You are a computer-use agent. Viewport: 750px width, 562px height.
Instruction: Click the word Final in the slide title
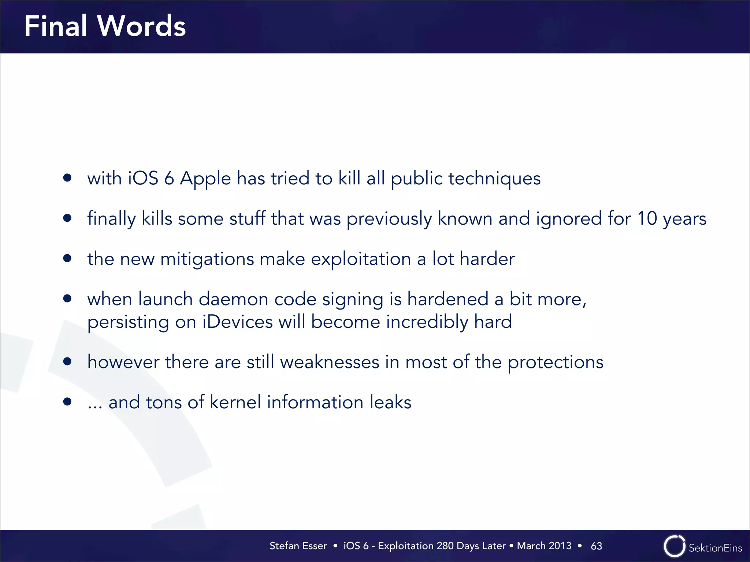56,26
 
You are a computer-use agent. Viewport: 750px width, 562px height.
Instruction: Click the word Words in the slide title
141,26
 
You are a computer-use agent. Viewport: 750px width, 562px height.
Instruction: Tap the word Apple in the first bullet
205,179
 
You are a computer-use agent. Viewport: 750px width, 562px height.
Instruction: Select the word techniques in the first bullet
494,179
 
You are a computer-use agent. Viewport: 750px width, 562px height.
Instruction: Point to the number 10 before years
647,218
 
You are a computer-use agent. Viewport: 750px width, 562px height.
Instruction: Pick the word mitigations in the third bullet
207,259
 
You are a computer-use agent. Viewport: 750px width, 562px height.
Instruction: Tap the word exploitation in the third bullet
361,259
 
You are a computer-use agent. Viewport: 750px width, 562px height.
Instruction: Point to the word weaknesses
330,362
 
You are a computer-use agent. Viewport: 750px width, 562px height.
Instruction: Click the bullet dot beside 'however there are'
67,361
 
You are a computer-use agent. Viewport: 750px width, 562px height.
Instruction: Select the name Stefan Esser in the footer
298,546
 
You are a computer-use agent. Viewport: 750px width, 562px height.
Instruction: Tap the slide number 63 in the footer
596,546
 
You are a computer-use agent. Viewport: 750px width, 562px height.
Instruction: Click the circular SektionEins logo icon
674,546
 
